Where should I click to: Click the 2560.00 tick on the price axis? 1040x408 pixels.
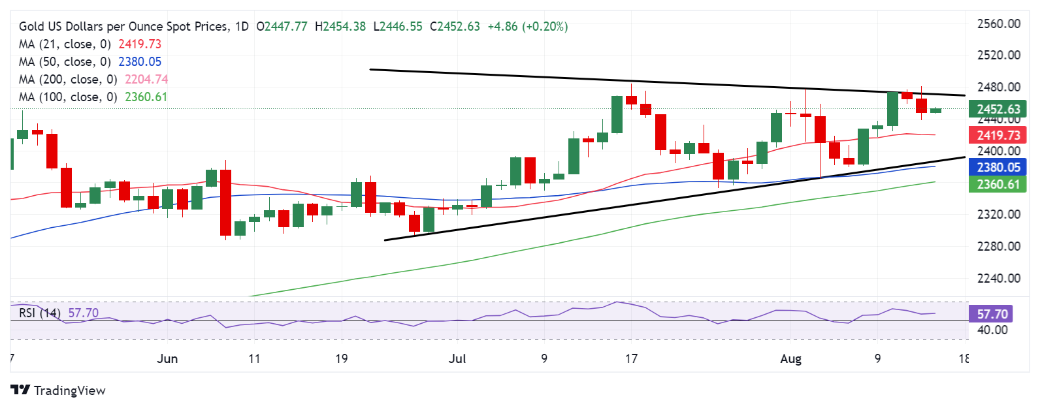coord(998,24)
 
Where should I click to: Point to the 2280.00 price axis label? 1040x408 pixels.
coord(998,246)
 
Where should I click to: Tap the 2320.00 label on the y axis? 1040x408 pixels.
coord(998,214)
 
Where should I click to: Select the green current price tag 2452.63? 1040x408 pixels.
coord(998,109)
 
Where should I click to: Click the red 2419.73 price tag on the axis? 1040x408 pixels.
coord(998,135)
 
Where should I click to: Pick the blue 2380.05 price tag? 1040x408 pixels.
coord(998,167)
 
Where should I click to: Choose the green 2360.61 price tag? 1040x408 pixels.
coord(998,184)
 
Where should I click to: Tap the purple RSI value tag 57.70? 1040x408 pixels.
coord(992,314)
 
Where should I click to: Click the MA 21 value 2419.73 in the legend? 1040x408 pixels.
coord(140,44)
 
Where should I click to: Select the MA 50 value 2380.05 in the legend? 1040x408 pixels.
coord(140,62)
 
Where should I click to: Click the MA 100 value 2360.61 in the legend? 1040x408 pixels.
coord(146,97)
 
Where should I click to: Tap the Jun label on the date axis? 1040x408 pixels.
coord(168,358)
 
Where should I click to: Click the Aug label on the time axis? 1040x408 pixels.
coord(791,358)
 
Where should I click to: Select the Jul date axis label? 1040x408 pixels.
coord(458,358)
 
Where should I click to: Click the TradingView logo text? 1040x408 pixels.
coord(69,390)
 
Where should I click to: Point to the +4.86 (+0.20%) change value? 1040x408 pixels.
coord(528,27)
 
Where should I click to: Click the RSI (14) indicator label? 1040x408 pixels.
coord(40,313)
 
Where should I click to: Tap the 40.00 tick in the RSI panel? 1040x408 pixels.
coord(992,330)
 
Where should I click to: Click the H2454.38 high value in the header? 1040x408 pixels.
coord(340,27)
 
